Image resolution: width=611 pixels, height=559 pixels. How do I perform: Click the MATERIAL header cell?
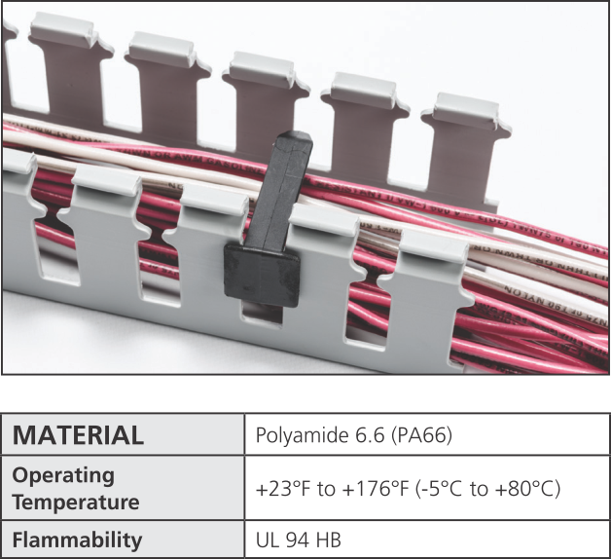click(x=78, y=435)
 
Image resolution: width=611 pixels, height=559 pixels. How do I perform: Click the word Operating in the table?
click(x=63, y=476)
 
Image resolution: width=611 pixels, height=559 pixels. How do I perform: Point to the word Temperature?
click(x=76, y=503)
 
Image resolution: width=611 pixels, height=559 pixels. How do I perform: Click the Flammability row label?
click(x=77, y=540)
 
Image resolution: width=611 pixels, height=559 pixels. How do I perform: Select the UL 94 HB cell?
click(x=298, y=540)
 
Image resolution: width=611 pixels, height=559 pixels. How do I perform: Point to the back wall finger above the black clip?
click(x=261, y=97)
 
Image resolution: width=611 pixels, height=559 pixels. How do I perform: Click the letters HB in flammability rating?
click(x=328, y=540)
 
